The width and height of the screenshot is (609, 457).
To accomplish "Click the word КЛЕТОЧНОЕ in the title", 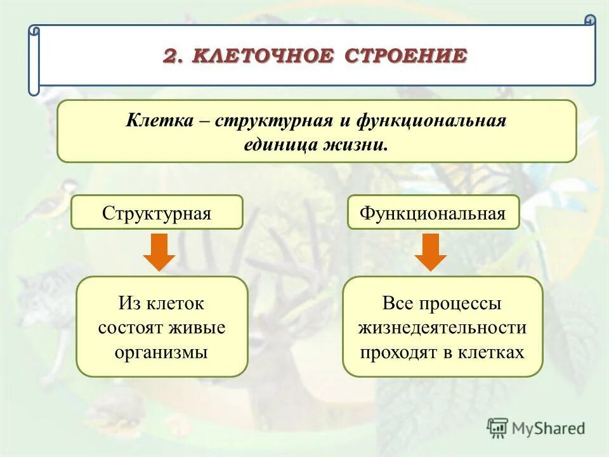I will [x=264, y=56].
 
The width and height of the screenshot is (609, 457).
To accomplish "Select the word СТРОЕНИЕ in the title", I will [x=406, y=56].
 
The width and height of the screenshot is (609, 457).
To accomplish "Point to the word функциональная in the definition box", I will [x=431, y=121].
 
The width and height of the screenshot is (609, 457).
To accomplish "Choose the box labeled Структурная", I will [x=157, y=213].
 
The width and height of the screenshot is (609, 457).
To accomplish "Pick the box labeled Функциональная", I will [x=433, y=213].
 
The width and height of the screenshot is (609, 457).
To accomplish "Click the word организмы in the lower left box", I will [x=162, y=352].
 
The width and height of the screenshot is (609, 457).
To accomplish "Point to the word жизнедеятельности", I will [x=442, y=328].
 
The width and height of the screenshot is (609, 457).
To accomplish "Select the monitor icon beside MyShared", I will [x=498, y=427].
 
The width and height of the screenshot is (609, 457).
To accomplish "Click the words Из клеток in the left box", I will [x=161, y=303].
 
